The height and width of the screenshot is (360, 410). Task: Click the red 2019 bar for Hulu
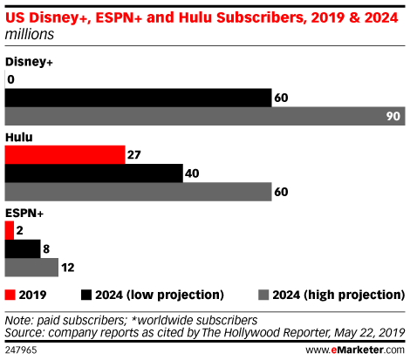point(65,154)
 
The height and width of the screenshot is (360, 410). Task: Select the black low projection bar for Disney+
point(138,98)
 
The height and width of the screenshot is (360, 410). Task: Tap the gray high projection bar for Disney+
point(205,116)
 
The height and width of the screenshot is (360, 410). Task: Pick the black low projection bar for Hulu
point(94,173)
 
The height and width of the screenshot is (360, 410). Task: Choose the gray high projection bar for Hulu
point(138,192)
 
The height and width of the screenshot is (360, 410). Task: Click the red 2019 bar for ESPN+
point(10,230)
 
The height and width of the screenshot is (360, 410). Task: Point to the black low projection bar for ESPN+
point(23,248)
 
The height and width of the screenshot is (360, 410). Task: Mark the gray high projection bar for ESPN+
point(31,268)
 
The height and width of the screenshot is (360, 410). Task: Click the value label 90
point(393,116)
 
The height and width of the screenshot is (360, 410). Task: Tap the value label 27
point(133,155)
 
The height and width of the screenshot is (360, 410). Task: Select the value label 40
point(192,173)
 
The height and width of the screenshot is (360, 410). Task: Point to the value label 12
point(68,268)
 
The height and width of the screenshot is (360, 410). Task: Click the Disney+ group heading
point(29,62)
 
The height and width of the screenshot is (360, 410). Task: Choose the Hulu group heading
point(19,137)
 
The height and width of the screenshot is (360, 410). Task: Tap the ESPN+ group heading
point(24,213)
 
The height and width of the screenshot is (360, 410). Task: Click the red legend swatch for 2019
point(10,295)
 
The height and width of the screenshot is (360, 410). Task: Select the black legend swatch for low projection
point(86,295)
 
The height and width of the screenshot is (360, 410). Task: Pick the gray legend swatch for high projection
point(263,295)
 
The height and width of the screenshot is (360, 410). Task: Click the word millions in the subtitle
point(30,34)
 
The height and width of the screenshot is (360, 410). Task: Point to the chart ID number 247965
point(21,350)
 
